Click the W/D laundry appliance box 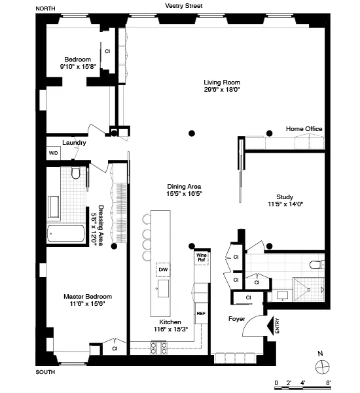pyautogui.click(x=53, y=153)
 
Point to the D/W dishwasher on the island pyautogui.click(x=163, y=270)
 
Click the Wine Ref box pyautogui.click(x=202, y=257)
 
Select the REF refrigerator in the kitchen pyautogui.click(x=201, y=314)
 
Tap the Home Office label pyautogui.click(x=304, y=129)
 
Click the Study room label pyautogui.click(x=284, y=196)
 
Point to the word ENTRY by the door pyautogui.click(x=278, y=326)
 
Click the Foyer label pyautogui.click(x=237, y=319)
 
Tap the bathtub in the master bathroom pyautogui.click(x=66, y=234)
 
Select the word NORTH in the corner pyautogui.click(x=45, y=7)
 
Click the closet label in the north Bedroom pyautogui.click(x=107, y=51)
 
